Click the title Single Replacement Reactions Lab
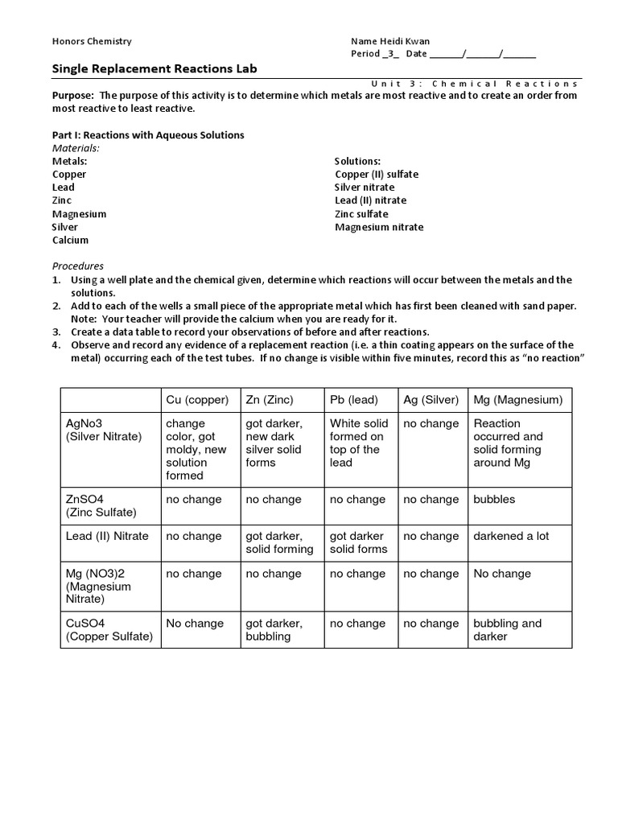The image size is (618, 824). pyautogui.click(x=154, y=69)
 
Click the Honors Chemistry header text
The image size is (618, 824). pyautogui.click(x=92, y=41)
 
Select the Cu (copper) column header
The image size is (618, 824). pyautogui.click(x=197, y=399)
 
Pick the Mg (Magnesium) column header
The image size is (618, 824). pyautogui.click(x=518, y=399)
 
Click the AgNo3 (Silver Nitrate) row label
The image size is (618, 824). pyautogui.click(x=103, y=430)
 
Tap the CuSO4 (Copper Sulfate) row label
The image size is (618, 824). pyautogui.click(x=109, y=630)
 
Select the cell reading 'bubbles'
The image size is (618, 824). pyautogui.click(x=494, y=499)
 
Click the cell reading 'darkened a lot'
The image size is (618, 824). pyautogui.click(x=511, y=536)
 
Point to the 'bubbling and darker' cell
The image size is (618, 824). pyautogui.click(x=508, y=630)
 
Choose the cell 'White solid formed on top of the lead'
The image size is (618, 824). pyautogui.click(x=359, y=443)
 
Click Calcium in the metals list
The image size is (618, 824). pyautogui.click(x=71, y=240)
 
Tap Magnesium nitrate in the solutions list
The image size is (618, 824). pyautogui.click(x=379, y=227)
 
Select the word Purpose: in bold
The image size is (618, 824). pyautogui.click(x=73, y=95)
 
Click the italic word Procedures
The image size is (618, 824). pyautogui.click(x=78, y=266)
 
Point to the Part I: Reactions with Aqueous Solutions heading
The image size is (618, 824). pyautogui.click(x=148, y=135)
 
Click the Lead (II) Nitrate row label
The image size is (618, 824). pyautogui.click(x=107, y=536)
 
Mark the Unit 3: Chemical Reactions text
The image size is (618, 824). pyautogui.click(x=475, y=83)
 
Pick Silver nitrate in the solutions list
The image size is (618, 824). pyautogui.click(x=365, y=187)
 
